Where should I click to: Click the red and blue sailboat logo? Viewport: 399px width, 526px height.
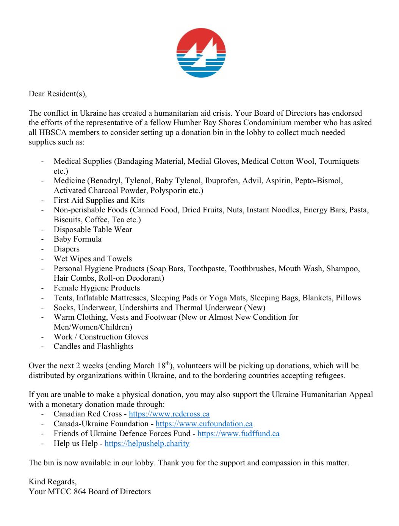(x=201, y=53)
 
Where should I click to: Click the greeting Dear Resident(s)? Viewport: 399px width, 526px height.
(x=58, y=94)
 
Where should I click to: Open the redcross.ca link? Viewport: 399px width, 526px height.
(x=169, y=414)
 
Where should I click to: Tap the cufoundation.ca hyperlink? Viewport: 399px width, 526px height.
(x=204, y=424)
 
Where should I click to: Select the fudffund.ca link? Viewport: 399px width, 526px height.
(x=238, y=433)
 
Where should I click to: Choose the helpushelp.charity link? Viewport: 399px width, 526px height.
(x=147, y=443)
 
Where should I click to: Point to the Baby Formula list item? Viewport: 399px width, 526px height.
(x=77, y=239)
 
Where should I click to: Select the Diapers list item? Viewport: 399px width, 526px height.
(x=66, y=249)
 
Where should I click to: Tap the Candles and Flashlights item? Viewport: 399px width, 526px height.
(x=93, y=346)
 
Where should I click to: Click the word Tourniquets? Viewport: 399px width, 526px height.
(x=339, y=162)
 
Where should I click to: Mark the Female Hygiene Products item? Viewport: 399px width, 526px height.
(x=97, y=288)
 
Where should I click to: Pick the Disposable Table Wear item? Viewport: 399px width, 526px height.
(x=93, y=229)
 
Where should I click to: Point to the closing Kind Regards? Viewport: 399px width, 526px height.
(x=52, y=482)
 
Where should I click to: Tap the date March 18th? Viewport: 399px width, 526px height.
(x=153, y=366)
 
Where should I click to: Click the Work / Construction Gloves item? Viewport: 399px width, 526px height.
(x=101, y=337)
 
